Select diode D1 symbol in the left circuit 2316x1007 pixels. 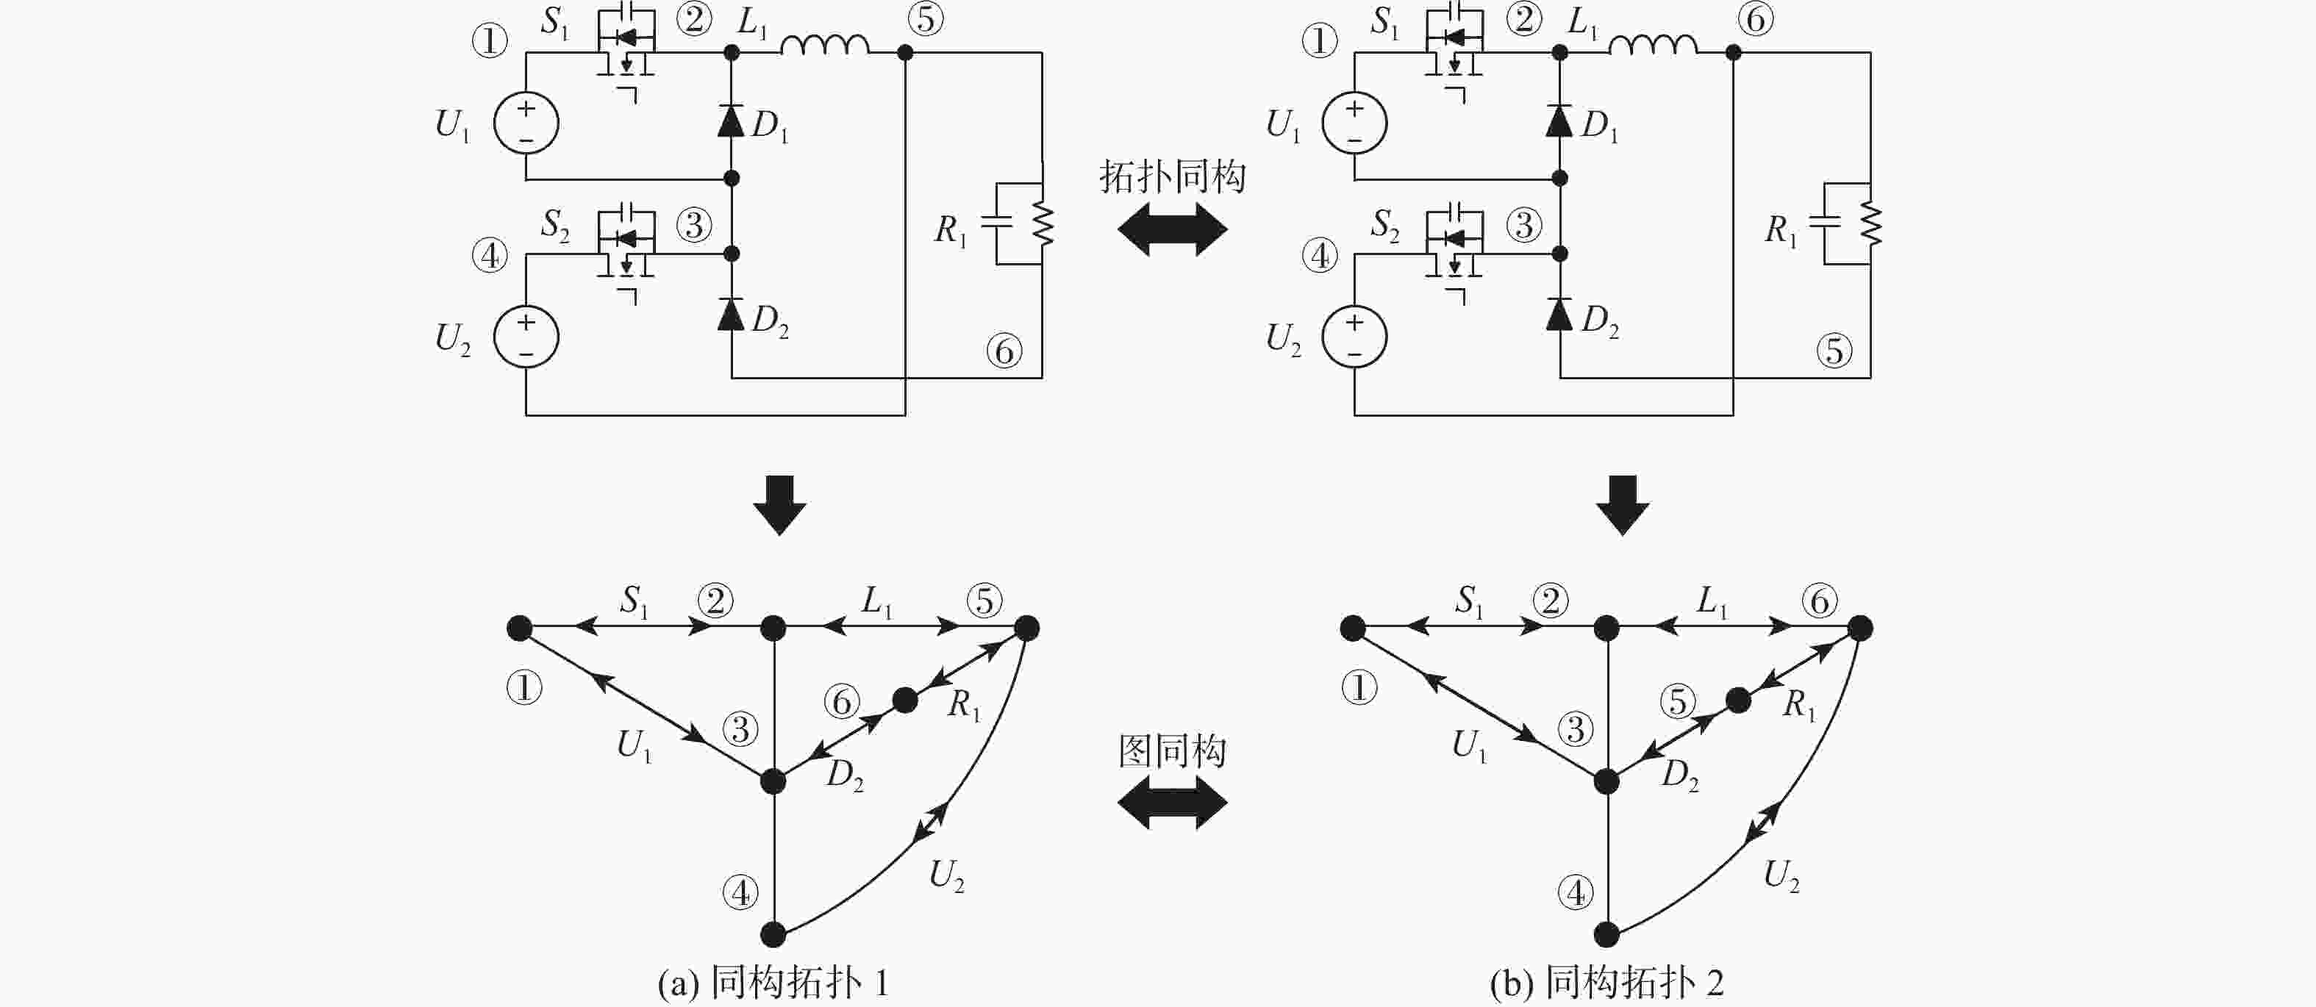click(x=731, y=121)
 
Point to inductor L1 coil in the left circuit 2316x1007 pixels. click(x=823, y=45)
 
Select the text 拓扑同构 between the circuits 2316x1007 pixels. click(x=1173, y=176)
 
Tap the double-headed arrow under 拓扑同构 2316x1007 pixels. click(x=1173, y=229)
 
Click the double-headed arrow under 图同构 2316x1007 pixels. click(x=1173, y=802)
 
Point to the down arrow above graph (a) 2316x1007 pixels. click(x=779, y=504)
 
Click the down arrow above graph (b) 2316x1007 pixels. click(x=1622, y=504)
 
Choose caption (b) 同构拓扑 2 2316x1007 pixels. click(x=1606, y=983)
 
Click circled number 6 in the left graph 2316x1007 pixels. click(x=843, y=701)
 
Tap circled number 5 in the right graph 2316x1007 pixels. click(x=1678, y=701)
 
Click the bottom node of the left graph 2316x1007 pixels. click(x=773, y=934)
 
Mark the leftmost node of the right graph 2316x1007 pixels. click(x=1353, y=628)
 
